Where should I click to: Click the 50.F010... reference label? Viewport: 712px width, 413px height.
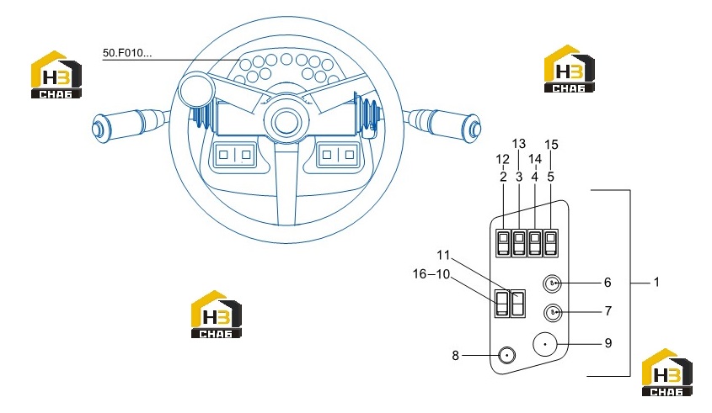tap(127, 53)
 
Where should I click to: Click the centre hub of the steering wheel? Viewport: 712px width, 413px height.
tap(286, 121)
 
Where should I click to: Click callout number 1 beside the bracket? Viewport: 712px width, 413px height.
tap(656, 283)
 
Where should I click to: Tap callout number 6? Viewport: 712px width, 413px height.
tap(608, 283)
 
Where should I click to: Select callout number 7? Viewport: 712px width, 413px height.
tap(608, 311)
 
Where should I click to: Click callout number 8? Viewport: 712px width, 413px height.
tap(456, 356)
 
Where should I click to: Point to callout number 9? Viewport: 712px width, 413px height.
tap(608, 343)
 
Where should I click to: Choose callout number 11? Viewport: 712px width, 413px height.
tap(443, 255)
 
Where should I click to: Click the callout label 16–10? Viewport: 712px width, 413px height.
tap(431, 274)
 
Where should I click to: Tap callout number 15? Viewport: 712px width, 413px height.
tap(551, 145)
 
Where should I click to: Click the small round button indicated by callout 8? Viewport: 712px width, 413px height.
tap(507, 356)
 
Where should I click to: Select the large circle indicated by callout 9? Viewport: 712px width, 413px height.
tap(545, 345)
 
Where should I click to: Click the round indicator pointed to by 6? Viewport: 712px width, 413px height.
tap(552, 283)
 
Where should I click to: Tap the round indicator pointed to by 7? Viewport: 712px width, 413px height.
tap(553, 312)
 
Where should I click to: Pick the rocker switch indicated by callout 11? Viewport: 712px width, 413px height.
tap(518, 304)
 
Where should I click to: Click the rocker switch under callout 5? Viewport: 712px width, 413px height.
tap(551, 243)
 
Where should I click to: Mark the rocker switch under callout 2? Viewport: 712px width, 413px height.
tap(504, 243)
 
